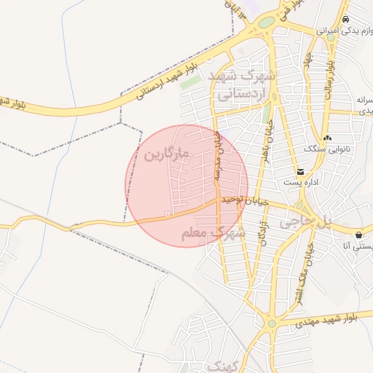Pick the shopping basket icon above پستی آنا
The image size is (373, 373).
[361, 235]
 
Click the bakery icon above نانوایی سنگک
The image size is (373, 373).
[327, 137]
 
